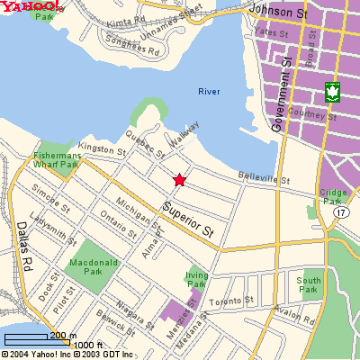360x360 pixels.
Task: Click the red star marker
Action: click(179, 180)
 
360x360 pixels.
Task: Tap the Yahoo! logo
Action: click(31, 8)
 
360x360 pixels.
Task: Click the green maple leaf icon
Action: click(332, 92)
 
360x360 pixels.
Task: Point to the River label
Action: click(209, 91)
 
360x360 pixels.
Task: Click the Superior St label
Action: click(189, 217)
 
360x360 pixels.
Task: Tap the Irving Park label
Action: click(197, 279)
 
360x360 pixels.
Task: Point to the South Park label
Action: click(308, 284)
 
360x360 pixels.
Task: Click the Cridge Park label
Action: click(332, 197)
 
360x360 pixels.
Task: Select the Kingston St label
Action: click(102, 149)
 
